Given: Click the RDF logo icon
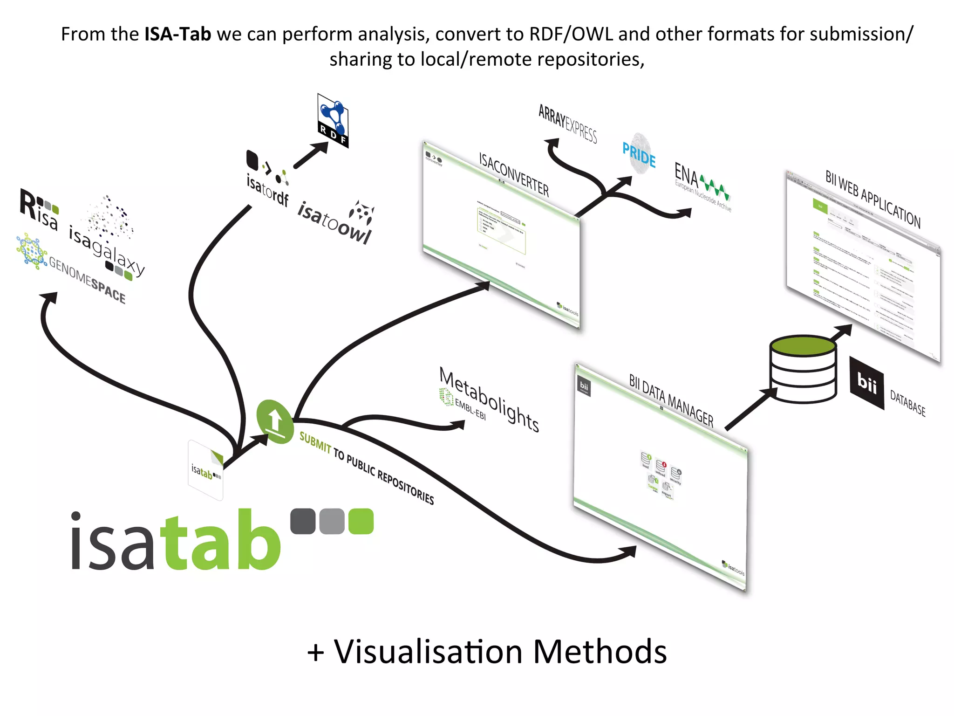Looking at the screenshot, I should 333,120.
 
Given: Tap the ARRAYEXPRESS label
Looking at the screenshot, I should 567,123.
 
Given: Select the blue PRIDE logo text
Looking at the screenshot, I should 639,155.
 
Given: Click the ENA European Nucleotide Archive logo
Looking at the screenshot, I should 701,186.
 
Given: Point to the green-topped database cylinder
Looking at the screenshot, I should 803,368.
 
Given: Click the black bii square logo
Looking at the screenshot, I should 866,383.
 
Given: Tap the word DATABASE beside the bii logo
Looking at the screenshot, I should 907,403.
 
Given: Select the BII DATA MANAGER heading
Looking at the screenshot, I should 671,400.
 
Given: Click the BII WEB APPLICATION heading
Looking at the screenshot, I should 872,199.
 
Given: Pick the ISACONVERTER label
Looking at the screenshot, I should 514,174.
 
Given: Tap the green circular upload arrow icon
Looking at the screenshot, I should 275,421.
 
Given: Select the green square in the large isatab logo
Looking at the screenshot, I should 361,521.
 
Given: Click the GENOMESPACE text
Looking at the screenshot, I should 87,280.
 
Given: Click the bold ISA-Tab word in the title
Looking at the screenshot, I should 177,34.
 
